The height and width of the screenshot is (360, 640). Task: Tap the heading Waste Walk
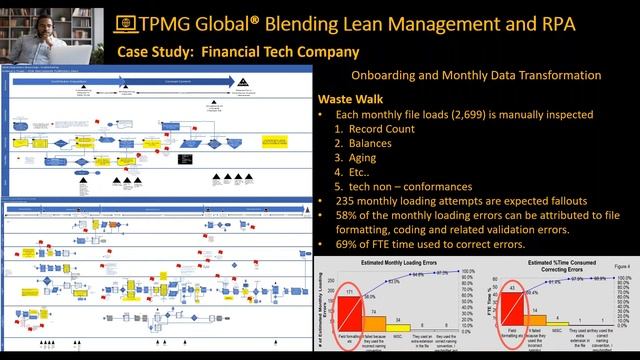[350, 99]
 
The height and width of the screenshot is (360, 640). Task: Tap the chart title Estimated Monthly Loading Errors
[391, 267]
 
